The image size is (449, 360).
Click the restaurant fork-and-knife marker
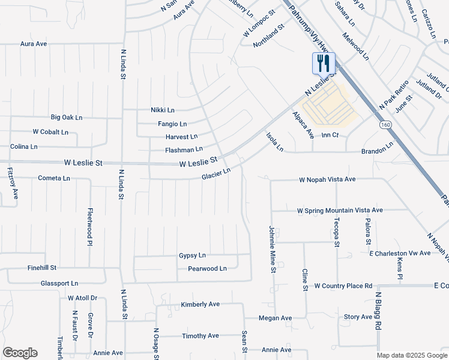point(324,63)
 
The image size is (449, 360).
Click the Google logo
point(20,353)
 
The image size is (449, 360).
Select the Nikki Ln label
point(162,110)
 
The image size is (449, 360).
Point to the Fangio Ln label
point(172,124)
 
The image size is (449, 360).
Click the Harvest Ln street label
point(181,137)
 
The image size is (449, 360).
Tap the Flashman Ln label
point(184,149)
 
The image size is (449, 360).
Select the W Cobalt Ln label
point(50,131)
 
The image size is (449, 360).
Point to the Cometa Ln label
point(54,178)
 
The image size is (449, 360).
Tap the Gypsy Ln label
point(192,256)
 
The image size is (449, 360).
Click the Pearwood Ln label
point(207,269)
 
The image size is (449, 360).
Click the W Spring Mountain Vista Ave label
point(340,211)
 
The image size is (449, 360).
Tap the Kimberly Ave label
point(200,305)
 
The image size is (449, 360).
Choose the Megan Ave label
point(275,318)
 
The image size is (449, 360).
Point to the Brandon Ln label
point(377,146)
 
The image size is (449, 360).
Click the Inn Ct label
point(330,135)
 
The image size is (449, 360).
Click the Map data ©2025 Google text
point(412,355)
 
